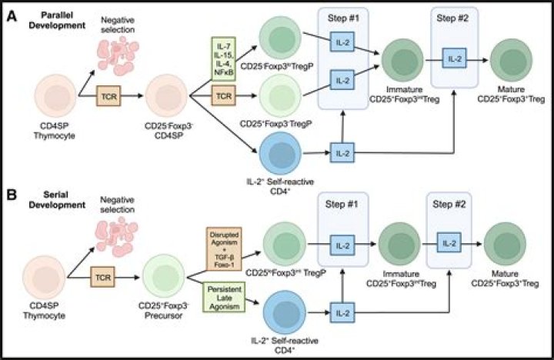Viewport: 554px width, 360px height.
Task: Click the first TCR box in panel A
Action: [107, 97]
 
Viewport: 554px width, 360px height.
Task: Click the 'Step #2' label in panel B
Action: [449, 204]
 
